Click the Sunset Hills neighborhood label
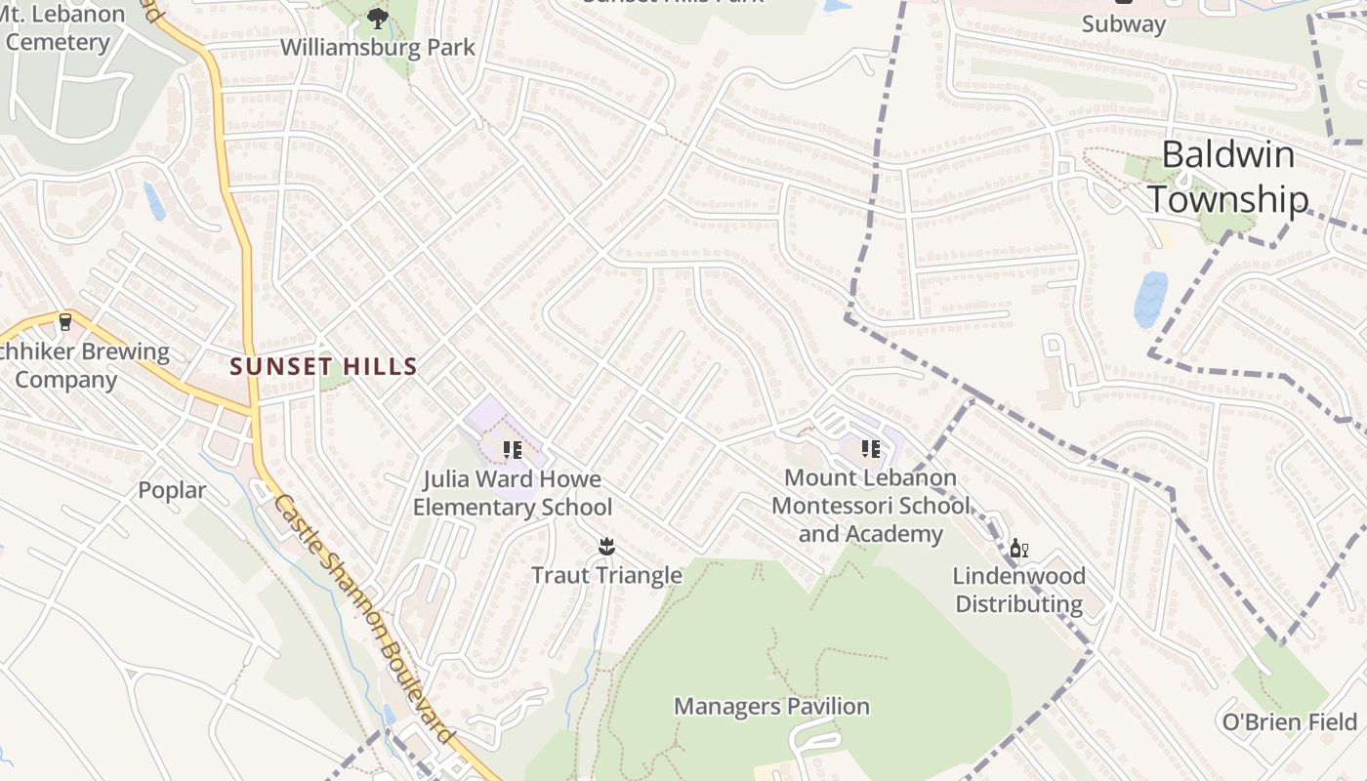pos(323,367)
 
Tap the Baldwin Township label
pos(1227,177)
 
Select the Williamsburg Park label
pos(378,47)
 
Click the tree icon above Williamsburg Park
pos(377,18)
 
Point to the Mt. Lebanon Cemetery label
pos(64,28)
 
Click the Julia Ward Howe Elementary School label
pos(513,493)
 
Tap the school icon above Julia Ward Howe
pos(513,450)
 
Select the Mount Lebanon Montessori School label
pos(871,506)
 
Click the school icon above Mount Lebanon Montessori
pos(871,449)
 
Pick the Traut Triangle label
pos(606,575)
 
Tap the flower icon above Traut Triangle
pos(606,545)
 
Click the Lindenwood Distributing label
pos(1018,590)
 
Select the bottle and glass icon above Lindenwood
pos(1018,549)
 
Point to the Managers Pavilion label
pos(771,706)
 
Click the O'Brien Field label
pos(1290,721)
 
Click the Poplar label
pos(172,490)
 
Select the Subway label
pos(1123,23)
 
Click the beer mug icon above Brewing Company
pos(65,321)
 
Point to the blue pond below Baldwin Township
pos(1151,299)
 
